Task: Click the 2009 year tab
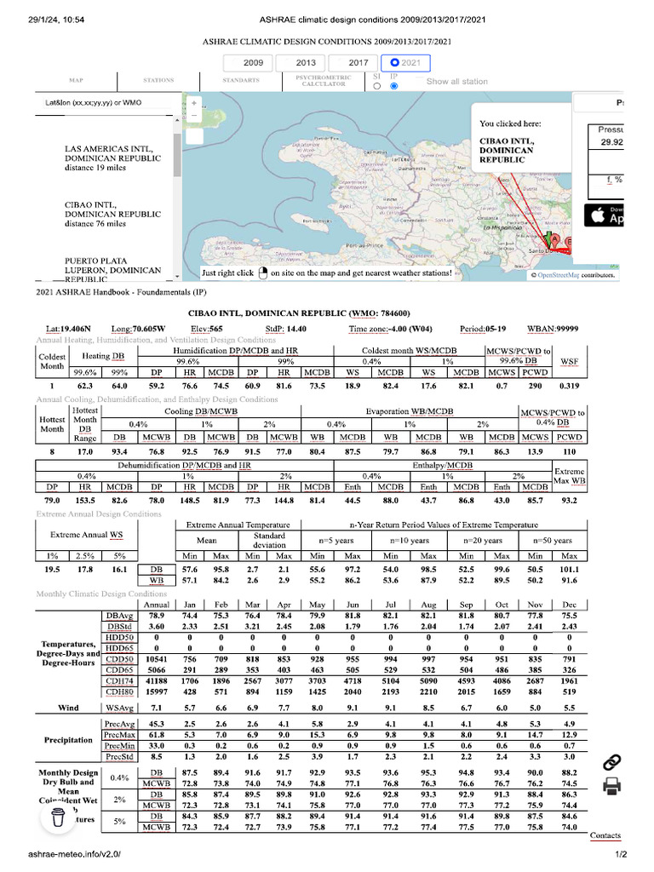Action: (253, 62)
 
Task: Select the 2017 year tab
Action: (359, 62)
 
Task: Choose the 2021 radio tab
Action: (405, 62)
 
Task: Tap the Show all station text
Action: (457, 82)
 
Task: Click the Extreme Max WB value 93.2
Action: (570, 500)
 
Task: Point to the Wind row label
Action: (69, 708)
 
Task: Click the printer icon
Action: (611, 788)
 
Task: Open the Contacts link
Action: (605, 835)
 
